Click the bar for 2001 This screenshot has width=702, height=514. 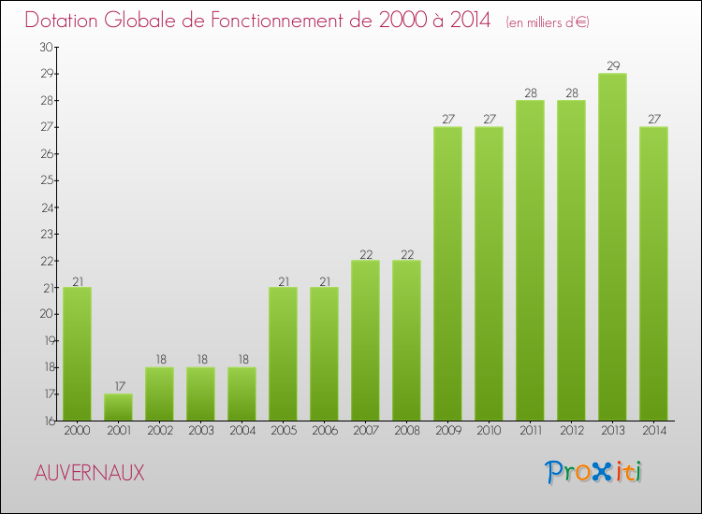click(118, 407)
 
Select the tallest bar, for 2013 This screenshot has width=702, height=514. click(612, 248)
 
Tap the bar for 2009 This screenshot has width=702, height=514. click(447, 274)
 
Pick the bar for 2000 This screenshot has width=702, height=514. click(77, 354)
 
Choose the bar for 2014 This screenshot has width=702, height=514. click(653, 274)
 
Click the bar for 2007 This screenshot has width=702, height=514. click(365, 341)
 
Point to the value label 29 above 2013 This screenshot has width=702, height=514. click(612, 66)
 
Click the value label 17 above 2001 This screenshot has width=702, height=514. click(118, 387)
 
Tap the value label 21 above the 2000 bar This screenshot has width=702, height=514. click(77, 280)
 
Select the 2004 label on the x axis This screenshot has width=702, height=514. click(241, 431)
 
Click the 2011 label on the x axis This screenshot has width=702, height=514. click(530, 431)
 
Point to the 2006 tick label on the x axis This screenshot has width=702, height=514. click(324, 431)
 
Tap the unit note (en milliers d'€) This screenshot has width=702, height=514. click(548, 22)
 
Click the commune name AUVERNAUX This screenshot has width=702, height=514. click(90, 473)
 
